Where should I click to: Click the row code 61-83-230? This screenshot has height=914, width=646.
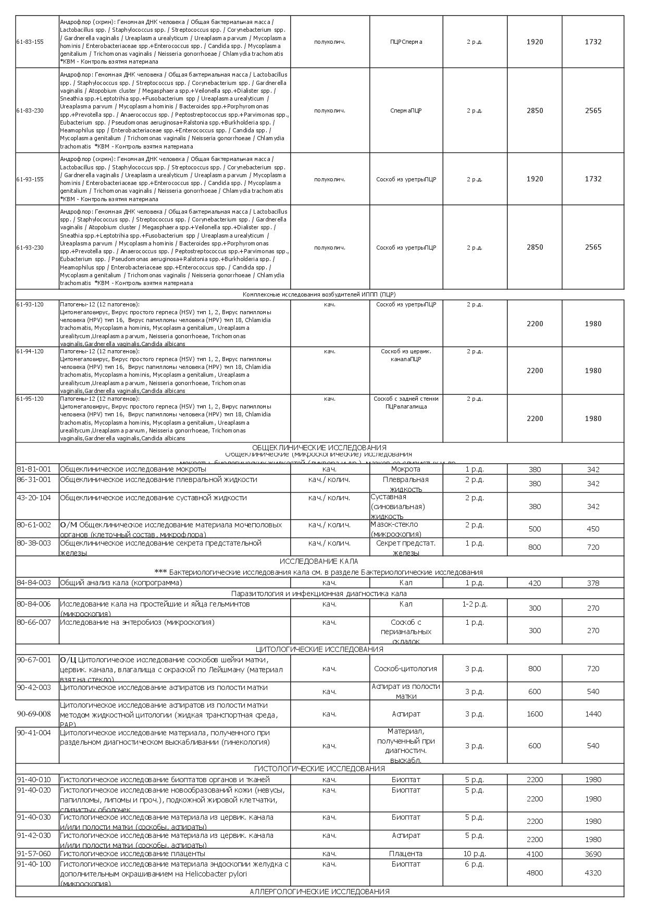(x=30, y=110)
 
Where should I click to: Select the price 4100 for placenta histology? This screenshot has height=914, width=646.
(x=535, y=854)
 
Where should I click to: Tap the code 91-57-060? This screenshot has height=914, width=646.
(x=34, y=854)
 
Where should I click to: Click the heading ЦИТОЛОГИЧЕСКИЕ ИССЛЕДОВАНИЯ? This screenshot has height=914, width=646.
(x=319, y=649)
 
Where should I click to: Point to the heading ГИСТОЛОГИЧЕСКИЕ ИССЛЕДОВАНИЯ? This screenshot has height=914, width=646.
(x=319, y=769)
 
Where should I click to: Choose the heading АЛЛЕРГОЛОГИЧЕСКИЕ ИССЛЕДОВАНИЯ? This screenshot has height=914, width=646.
(x=319, y=892)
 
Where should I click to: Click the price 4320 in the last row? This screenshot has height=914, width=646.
(x=593, y=873)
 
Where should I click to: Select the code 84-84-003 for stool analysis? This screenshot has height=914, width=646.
(x=34, y=583)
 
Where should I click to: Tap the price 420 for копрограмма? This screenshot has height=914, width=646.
(x=535, y=583)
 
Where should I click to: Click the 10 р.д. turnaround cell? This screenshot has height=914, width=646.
(x=474, y=854)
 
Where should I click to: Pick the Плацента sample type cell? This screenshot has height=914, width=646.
(x=405, y=854)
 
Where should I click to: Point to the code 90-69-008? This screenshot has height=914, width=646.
(x=34, y=714)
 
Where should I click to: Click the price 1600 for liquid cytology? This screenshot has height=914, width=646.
(x=535, y=714)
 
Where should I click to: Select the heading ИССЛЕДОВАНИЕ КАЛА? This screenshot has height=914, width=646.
(x=319, y=561)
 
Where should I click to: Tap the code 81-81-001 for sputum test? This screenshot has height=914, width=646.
(x=34, y=470)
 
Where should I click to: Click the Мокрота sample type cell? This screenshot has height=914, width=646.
(x=405, y=470)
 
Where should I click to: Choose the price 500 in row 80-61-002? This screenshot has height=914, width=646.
(x=535, y=529)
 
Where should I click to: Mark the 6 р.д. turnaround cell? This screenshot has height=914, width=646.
(x=474, y=864)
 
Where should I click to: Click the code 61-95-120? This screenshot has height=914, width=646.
(x=30, y=399)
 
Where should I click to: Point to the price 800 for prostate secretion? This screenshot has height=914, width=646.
(x=535, y=547)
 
